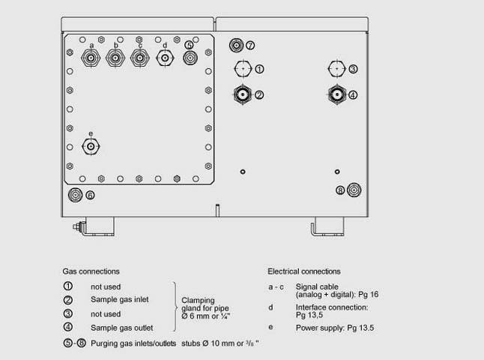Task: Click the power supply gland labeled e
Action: coord(91,147)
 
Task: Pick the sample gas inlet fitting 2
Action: coord(242,94)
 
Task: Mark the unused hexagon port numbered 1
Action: coord(242,69)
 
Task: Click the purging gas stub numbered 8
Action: coord(353,190)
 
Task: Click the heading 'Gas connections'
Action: coord(91,271)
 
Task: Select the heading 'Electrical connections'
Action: coord(303,271)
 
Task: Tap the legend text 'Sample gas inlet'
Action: coord(120,300)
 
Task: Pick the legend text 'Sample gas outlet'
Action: coord(122,327)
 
